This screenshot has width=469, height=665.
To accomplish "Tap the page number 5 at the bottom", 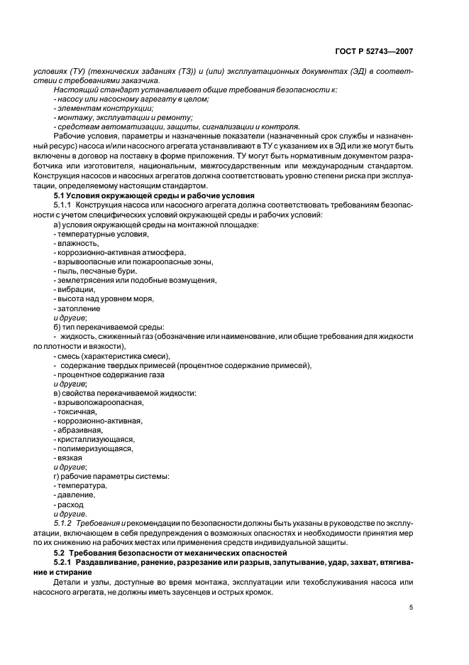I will point(412,607).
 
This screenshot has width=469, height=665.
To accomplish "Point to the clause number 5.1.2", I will point(65,522).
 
